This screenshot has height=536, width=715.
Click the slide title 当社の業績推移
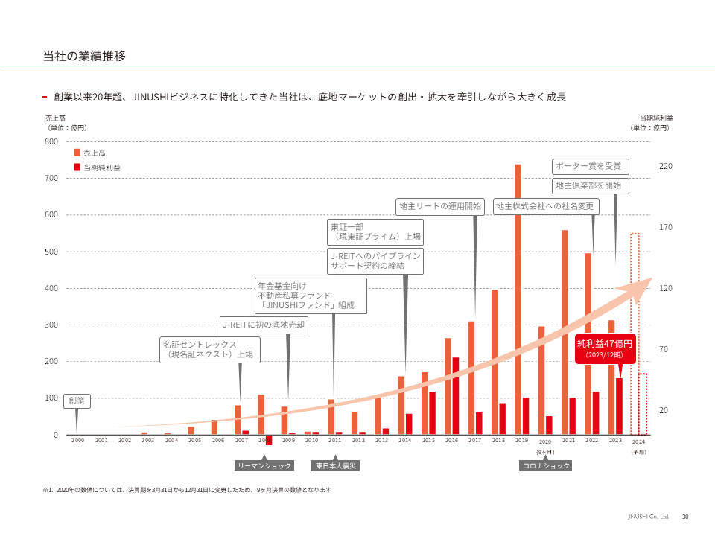coord(84,56)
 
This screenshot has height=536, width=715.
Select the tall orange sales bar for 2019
coord(518,298)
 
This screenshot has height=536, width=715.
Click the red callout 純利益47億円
coord(604,348)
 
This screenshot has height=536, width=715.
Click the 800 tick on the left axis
coord(51,141)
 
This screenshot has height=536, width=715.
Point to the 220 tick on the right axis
coord(666,166)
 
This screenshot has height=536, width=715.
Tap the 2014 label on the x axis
coord(404,441)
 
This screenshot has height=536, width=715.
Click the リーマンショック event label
coord(264,466)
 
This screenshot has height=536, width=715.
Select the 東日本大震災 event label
coord(335,466)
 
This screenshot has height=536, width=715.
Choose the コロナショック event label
coord(545,466)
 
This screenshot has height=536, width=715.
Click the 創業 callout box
coord(77,401)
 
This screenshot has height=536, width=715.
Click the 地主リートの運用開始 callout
coord(440,206)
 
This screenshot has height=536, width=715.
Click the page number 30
coord(685,517)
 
